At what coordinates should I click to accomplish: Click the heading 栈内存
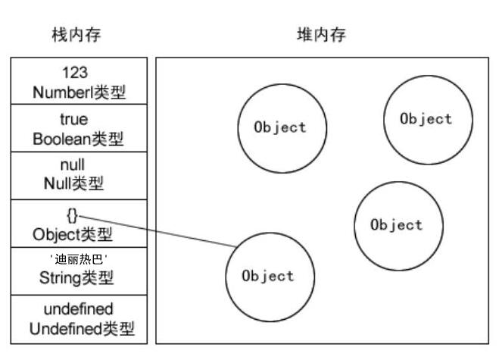tap(76, 35)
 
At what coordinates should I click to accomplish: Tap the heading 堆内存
tap(320, 35)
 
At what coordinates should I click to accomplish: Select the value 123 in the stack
tap(76, 74)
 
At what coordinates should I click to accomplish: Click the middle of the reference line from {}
tap(157, 231)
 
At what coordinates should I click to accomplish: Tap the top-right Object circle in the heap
tap(428, 119)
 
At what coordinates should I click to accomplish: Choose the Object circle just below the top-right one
tap(398, 225)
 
